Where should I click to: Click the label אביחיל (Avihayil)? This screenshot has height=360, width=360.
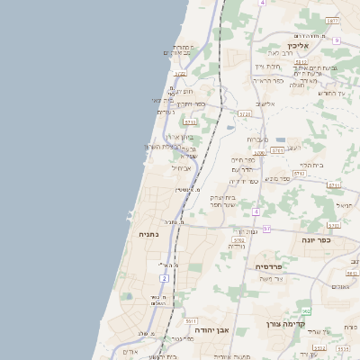pyautogui.click(x=182, y=167)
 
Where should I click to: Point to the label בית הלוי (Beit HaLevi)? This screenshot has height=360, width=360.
pyautogui.click(x=310, y=165)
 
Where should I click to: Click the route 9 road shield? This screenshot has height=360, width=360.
pyautogui.click(x=336, y=40)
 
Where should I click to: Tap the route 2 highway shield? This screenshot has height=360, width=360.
pyautogui.click(x=165, y=279)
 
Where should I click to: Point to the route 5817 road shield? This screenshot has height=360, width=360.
pyautogui.click(x=332, y=20)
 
